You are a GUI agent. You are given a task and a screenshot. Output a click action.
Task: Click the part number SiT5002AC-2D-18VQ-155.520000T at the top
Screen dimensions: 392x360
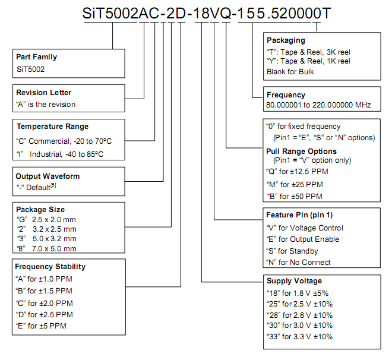207,13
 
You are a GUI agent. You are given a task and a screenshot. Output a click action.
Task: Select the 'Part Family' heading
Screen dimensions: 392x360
36,57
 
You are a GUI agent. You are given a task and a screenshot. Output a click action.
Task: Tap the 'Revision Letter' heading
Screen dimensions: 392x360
44,93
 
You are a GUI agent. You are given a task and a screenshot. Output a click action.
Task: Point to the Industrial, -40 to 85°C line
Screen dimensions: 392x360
60,154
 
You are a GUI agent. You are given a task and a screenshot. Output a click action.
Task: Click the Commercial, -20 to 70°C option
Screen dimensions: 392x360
64,141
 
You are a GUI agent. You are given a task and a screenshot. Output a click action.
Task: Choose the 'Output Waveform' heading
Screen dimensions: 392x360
48,176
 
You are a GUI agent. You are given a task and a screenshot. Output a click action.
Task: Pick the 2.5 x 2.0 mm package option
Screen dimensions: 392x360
46,220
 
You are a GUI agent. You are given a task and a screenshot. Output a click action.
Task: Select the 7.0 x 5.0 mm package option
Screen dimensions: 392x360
46,249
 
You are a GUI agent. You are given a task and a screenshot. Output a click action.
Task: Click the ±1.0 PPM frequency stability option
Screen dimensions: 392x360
44,279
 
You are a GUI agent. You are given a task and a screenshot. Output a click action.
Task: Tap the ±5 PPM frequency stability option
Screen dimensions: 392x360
41,326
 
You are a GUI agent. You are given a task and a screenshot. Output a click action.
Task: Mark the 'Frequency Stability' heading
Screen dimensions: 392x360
50,267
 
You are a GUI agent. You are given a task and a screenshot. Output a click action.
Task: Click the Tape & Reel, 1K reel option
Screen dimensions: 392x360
308,61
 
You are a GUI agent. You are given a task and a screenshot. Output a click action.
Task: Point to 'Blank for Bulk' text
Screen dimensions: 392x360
290,72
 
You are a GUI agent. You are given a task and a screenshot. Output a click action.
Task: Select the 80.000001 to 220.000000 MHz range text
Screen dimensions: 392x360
318,105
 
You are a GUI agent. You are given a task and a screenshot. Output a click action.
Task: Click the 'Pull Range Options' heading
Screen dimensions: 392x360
302,151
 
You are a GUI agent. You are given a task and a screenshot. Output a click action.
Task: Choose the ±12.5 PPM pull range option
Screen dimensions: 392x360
297,172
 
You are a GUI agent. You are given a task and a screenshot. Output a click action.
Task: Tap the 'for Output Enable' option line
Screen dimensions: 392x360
303,239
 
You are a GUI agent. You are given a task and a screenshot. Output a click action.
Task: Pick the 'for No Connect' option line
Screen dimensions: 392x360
299,262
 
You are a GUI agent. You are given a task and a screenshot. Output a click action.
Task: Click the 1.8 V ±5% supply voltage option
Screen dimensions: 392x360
298,293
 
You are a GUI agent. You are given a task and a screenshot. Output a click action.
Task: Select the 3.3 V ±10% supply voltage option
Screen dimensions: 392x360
299,337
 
